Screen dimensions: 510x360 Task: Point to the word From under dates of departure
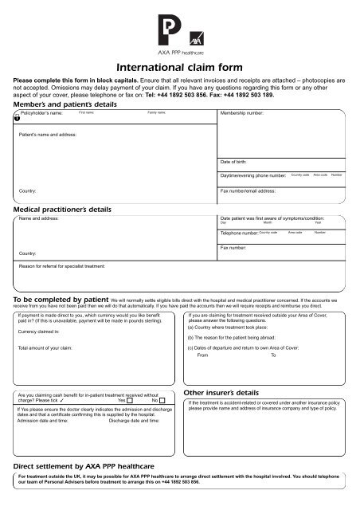tap(202, 356)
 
